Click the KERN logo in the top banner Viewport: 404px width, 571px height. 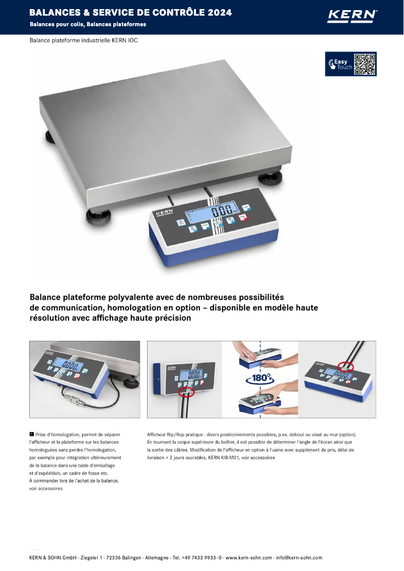tap(352, 16)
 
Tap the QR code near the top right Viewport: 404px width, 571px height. tap(365, 64)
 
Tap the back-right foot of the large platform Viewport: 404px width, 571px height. tap(270, 178)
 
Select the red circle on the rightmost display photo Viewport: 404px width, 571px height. tap(345, 367)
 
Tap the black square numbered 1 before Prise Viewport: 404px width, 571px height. tap(32, 434)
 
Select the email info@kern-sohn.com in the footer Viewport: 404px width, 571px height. tap(299, 557)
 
